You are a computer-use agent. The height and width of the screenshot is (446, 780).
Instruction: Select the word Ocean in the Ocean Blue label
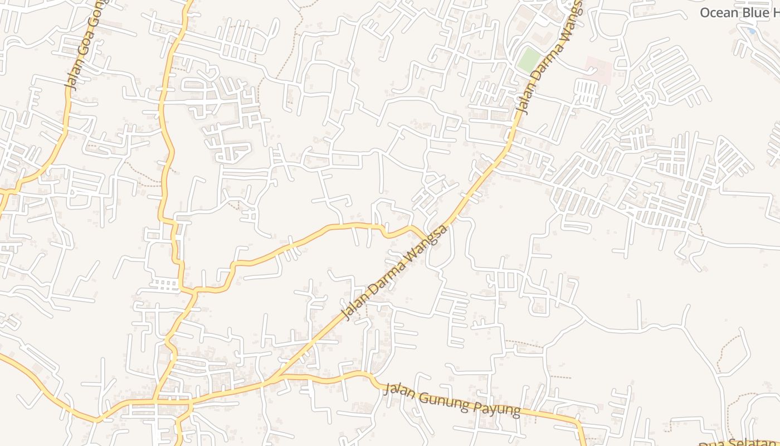719,13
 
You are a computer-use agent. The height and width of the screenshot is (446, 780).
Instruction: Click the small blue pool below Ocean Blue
752,31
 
